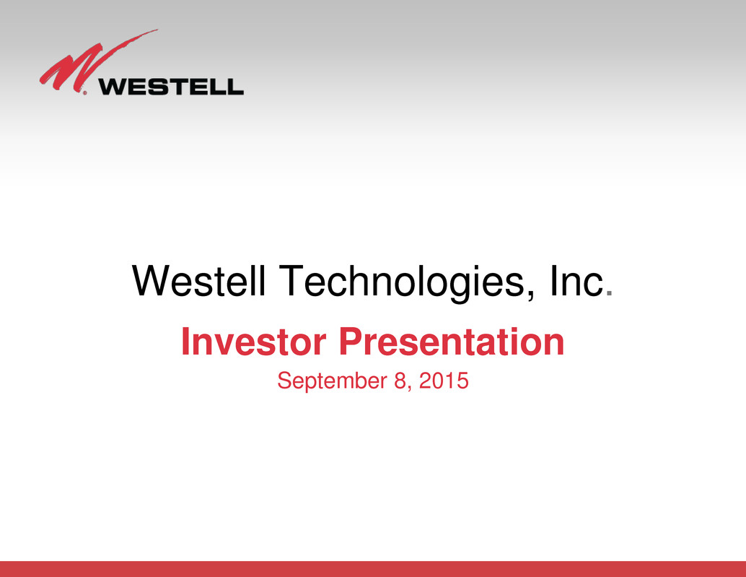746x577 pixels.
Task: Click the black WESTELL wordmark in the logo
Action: pyautogui.click(x=171, y=87)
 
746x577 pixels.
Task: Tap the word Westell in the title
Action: pyautogui.click(x=198, y=281)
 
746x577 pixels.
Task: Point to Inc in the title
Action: pyautogui.click(x=576, y=281)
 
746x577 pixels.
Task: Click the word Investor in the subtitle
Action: pyautogui.click(x=253, y=342)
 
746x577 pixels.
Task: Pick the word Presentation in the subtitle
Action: pyautogui.click(x=452, y=342)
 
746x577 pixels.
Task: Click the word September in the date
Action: pyautogui.click(x=332, y=381)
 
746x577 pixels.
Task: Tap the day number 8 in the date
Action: pyautogui.click(x=400, y=381)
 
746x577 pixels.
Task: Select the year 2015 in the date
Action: pyautogui.click(x=444, y=381)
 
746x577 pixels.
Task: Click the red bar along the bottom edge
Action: pyautogui.click(x=373, y=569)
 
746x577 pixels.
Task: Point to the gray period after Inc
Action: pyautogui.click(x=609, y=295)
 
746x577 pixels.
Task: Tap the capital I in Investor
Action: pyautogui.click(x=185, y=342)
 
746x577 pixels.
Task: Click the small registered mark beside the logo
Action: pyautogui.click(x=85, y=93)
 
